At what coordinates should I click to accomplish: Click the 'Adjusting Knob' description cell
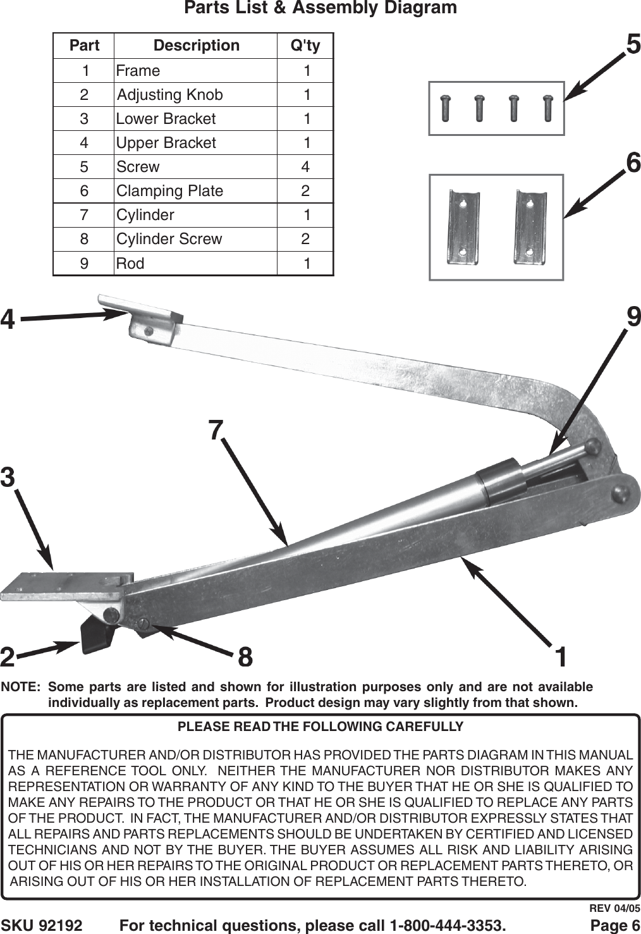click(170, 95)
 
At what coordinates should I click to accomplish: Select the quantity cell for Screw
click(305, 167)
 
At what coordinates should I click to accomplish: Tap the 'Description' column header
click(196, 46)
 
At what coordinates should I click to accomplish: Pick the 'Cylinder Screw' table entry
click(169, 239)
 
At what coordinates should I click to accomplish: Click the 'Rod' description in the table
click(130, 263)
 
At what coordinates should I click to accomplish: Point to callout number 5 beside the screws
click(633, 44)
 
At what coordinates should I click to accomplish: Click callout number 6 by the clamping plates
click(633, 163)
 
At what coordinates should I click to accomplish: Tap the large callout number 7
click(216, 430)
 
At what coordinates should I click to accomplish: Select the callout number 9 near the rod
click(633, 316)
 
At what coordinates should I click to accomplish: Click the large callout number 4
click(8, 319)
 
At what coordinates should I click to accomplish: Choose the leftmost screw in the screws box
click(446, 108)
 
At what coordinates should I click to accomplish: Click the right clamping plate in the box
click(530, 226)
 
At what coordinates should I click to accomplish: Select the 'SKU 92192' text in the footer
click(42, 926)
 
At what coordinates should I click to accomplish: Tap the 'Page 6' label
click(614, 926)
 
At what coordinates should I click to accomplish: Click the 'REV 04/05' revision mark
click(614, 909)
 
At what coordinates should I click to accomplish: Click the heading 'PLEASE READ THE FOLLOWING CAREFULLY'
click(320, 727)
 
